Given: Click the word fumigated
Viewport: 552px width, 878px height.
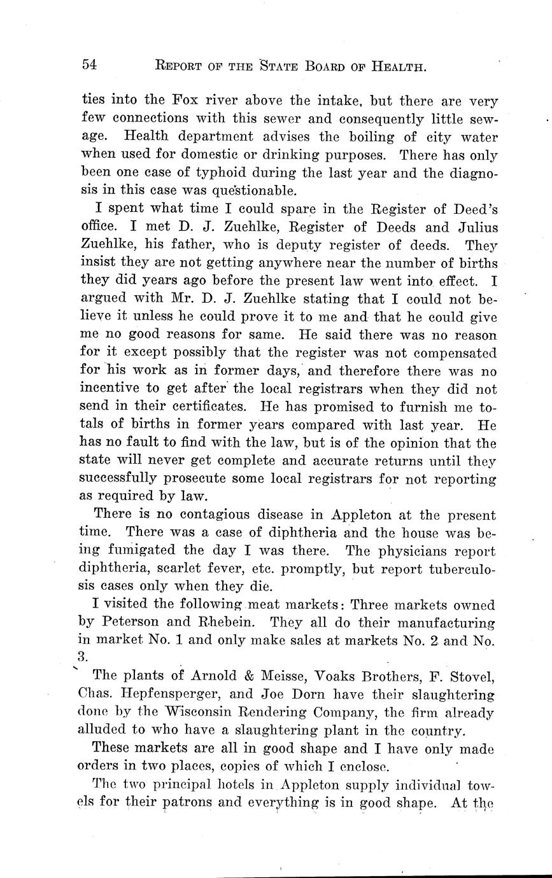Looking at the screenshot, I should (145, 551).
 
